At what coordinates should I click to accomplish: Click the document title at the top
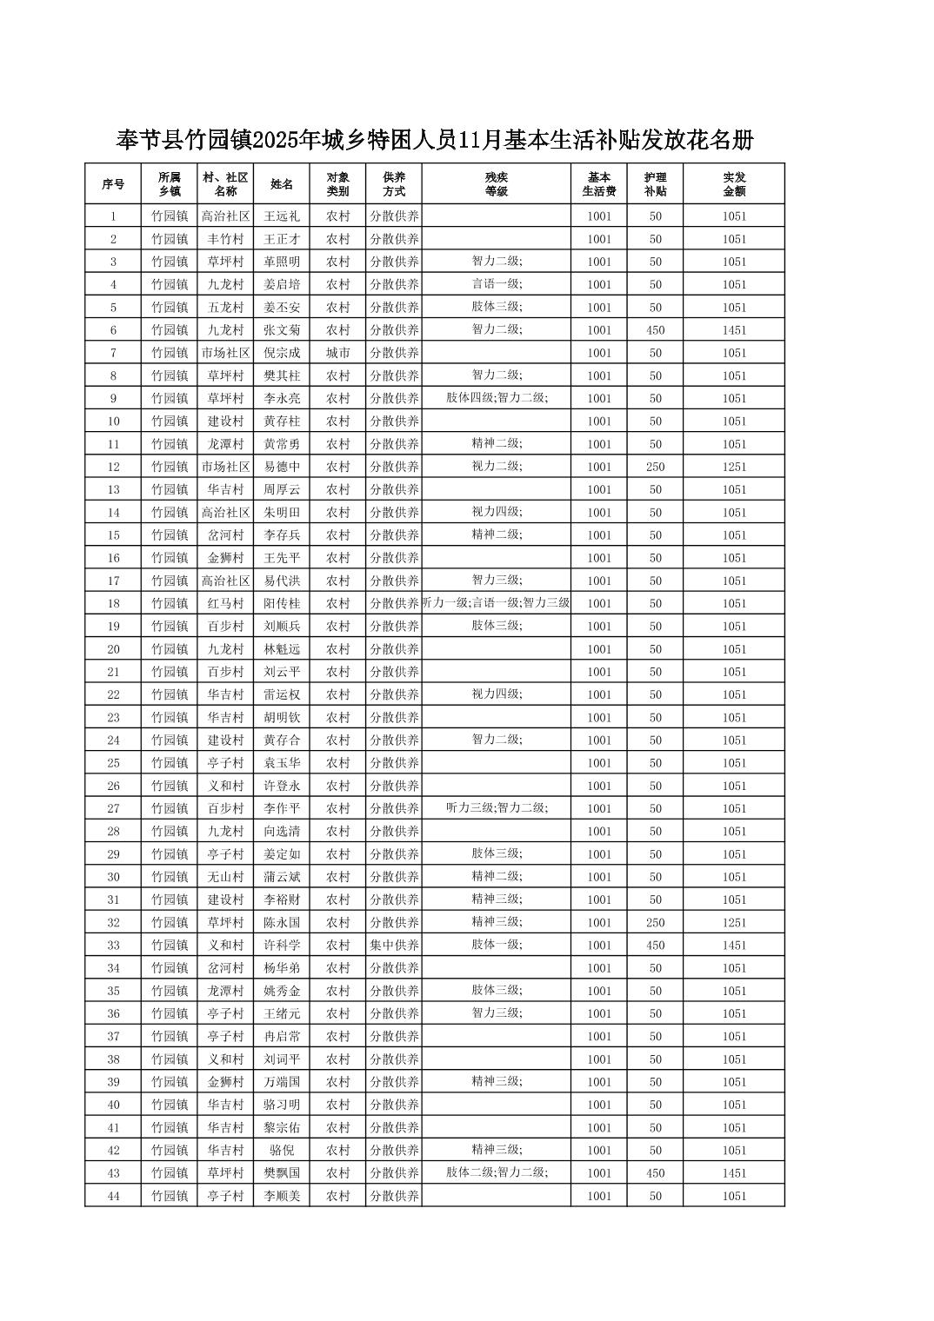[434, 139]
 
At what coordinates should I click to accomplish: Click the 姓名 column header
[282, 184]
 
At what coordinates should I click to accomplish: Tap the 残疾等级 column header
[496, 184]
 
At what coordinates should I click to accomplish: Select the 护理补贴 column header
[655, 184]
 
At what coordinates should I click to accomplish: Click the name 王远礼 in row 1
[282, 216]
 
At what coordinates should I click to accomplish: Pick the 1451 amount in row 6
[733, 330]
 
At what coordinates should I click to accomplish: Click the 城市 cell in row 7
[337, 353]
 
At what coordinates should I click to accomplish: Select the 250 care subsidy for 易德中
[655, 467]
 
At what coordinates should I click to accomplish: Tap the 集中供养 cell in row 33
[394, 945]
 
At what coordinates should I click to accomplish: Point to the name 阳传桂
[282, 603]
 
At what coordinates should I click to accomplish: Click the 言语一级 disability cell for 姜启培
[496, 284]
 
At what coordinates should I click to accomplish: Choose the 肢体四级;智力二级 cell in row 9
[496, 398]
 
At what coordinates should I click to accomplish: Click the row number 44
[113, 1196]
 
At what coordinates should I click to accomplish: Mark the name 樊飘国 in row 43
[282, 1173]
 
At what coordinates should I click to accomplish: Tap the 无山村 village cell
[225, 877]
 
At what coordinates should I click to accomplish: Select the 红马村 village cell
[225, 603]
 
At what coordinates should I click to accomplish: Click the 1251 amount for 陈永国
[733, 922]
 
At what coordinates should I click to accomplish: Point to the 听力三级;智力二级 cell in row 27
[496, 808]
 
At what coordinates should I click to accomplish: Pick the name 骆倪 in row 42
[282, 1150]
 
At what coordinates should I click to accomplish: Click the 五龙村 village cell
[225, 307]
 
